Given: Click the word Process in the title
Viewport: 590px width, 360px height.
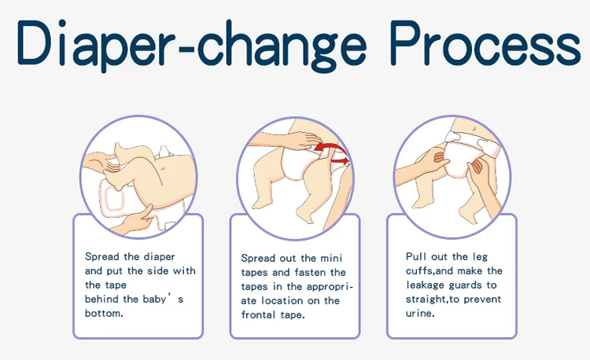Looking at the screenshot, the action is coord(485,43).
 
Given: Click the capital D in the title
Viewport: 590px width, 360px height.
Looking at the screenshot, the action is coord(33,42).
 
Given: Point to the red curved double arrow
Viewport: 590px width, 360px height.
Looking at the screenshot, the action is coord(332,152).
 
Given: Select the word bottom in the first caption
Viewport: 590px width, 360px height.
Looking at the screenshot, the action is coord(103,314).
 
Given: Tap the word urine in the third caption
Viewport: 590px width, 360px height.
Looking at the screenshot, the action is coord(419,314).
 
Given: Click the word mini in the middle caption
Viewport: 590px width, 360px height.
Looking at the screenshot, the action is coord(331,259).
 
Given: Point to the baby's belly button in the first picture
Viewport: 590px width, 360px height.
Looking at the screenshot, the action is coord(162,169).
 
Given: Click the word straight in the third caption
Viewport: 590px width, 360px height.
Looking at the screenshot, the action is coord(426,299).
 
